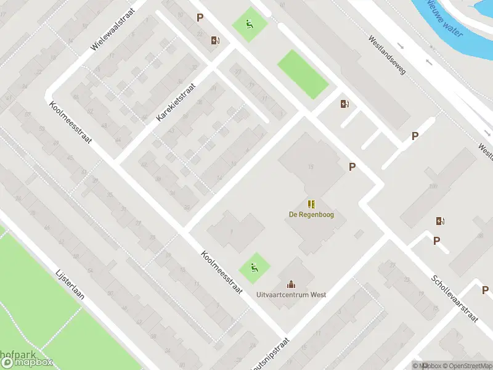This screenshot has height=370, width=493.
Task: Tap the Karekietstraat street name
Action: click(x=176, y=102)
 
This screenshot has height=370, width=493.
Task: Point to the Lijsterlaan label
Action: click(x=70, y=287)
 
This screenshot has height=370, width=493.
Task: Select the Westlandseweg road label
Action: click(x=387, y=55)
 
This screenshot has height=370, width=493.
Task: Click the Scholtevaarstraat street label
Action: click(x=455, y=299)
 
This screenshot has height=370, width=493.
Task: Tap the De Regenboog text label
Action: click(x=312, y=215)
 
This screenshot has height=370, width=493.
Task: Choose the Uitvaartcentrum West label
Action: click(x=291, y=295)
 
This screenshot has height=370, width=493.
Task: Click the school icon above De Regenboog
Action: click(x=312, y=203)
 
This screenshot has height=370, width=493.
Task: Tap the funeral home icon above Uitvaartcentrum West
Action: click(x=291, y=284)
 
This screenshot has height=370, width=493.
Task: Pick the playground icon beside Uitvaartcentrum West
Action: click(x=254, y=268)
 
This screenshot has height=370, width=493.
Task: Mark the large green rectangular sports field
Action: click(x=303, y=75)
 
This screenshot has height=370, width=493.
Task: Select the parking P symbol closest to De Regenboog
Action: click(x=352, y=166)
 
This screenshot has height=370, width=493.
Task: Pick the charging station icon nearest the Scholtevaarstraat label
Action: click(x=440, y=221)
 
